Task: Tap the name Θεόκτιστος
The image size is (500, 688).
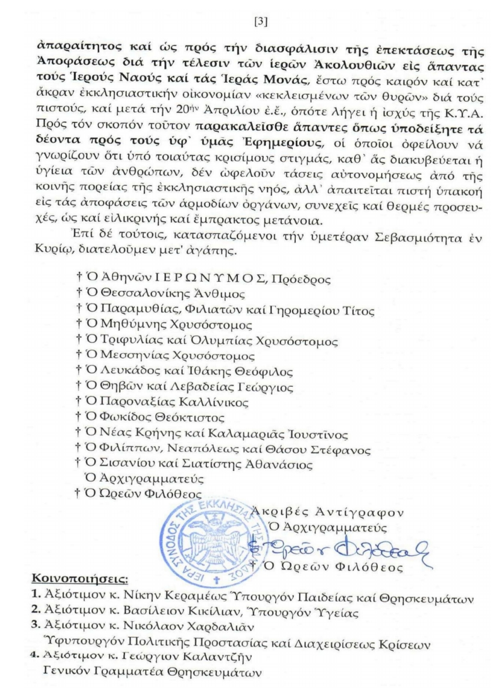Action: click(197, 417)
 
